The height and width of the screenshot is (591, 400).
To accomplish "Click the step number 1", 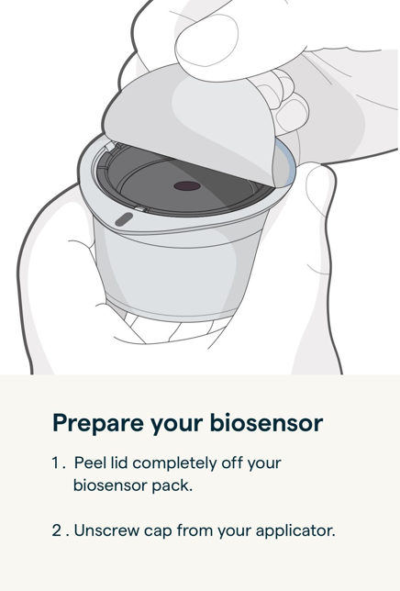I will click(x=55, y=463).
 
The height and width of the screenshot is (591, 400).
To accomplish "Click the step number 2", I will click(x=56, y=530).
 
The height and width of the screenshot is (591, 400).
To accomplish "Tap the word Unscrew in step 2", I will click(x=105, y=530).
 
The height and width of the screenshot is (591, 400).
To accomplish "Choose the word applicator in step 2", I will click(x=294, y=530).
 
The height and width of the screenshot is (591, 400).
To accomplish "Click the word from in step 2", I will click(x=194, y=530).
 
